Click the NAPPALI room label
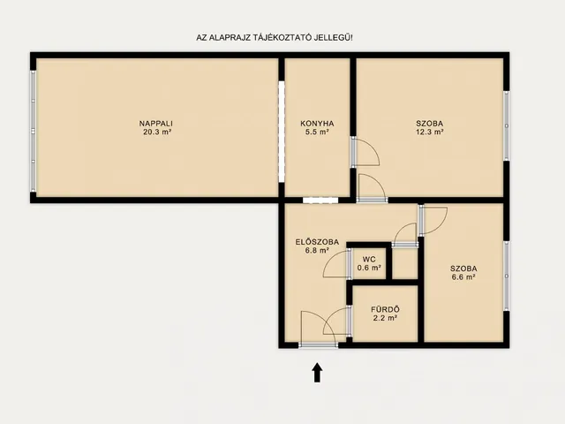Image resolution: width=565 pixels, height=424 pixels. [x=156, y=124]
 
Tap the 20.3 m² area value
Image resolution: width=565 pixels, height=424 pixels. [x=157, y=132]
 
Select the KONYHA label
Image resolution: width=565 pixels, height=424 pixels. [x=317, y=124]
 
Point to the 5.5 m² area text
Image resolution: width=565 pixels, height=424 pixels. [x=317, y=132]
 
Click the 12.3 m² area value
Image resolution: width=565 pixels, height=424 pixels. [x=430, y=132]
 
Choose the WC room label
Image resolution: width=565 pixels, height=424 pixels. [x=369, y=259]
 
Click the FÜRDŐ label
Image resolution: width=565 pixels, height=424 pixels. [x=385, y=309]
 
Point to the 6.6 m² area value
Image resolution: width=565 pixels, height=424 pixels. [x=463, y=276]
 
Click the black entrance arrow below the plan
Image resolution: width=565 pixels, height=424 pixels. [x=317, y=373]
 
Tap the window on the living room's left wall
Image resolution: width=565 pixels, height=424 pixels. [x=34, y=131]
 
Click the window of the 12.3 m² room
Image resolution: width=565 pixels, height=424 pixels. [x=506, y=125]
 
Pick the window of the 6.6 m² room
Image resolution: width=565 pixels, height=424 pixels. [x=506, y=276]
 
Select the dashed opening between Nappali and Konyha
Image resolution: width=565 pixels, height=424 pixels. [x=282, y=132]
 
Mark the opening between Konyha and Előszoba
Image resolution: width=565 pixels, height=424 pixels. [x=320, y=201]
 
